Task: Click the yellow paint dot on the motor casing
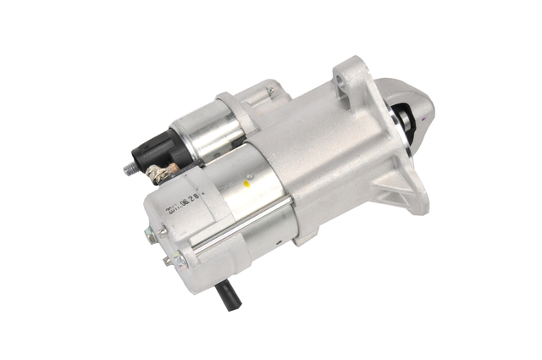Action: pos(248,181)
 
